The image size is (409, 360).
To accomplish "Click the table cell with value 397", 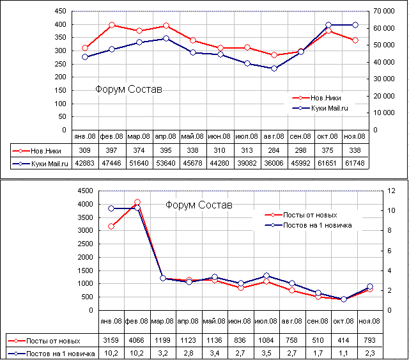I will click(x=112, y=150).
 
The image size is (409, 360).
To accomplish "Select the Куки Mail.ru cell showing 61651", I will click(x=328, y=164).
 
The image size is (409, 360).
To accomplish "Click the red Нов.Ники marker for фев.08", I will click(x=112, y=25).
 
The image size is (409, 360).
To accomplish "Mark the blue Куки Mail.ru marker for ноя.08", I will click(x=355, y=25).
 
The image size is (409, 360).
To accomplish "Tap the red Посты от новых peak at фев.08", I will click(x=137, y=203).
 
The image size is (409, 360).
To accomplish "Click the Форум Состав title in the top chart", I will click(x=128, y=90).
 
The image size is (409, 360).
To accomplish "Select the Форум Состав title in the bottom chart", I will click(x=198, y=205).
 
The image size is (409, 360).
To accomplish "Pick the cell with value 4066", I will click(x=137, y=339).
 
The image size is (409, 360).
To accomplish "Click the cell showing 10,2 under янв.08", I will click(x=111, y=353).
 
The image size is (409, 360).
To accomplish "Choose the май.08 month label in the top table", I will click(x=192, y=136).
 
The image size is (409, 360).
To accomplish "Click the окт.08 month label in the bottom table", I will click(x=344, y=321).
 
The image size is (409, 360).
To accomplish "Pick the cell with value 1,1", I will click(x=344, y=353).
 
